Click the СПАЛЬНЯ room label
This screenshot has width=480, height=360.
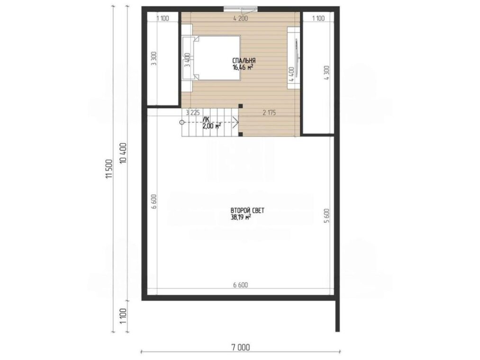click(x=244, y=61)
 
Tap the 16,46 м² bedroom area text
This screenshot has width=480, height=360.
click(x=243, y=67)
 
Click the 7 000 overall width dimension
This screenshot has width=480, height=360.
click(x=240, y=348)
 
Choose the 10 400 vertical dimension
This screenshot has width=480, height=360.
click(x=123, y=153)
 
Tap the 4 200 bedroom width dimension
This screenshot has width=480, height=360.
click(x=240, y=18)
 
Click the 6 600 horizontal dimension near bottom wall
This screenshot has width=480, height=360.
click(x=240, y=285)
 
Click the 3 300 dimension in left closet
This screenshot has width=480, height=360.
click(x=154, y=58)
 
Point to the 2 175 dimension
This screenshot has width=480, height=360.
click(x=270, y=113)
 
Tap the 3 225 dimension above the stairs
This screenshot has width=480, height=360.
click(x=193, y=112)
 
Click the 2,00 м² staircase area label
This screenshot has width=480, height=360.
click(x=212, y=126)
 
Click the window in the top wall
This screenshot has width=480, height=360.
click(x=240, y=9)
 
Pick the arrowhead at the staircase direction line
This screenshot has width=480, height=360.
click(x=236, y=123)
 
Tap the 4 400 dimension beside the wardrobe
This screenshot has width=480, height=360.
click(x=291, y=74)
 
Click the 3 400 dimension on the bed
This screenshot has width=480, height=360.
click(x=187, y=60)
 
